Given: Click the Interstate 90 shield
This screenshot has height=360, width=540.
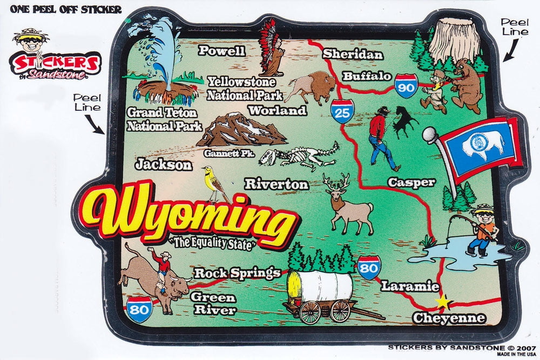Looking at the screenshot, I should point(406,85).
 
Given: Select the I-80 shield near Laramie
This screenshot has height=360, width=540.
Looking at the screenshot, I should point(369,268).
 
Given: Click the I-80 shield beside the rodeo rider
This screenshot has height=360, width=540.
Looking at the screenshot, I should point(139,309).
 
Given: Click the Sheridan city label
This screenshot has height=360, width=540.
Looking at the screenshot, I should point(353,55).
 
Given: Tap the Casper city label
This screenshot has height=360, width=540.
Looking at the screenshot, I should point(411,182).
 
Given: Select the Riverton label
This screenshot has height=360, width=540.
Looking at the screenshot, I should point(276,184).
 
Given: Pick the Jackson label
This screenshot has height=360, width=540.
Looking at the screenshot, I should point(164,165).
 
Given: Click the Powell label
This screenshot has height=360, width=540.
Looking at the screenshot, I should point(222,51).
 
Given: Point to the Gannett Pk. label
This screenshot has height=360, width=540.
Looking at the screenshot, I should point(229,154).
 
